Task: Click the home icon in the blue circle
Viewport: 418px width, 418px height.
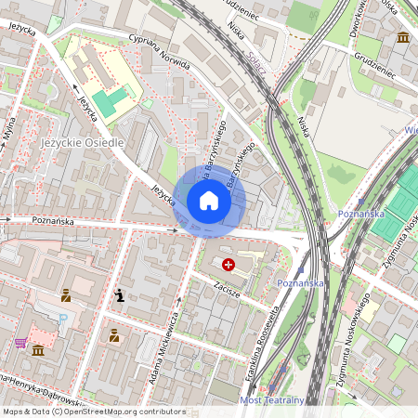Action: click(209, 200)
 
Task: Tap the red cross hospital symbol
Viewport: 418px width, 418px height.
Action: click(229, 265)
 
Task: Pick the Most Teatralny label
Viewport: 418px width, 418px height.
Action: click(272, 400)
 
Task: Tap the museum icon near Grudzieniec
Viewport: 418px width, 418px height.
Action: click(403, 37)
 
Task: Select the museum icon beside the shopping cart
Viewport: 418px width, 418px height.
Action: click(38, 351)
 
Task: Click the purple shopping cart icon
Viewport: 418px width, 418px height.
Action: click(20, 343)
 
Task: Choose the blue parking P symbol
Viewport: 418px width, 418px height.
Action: click(64, 319)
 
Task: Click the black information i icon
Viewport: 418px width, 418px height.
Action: click(119, 296)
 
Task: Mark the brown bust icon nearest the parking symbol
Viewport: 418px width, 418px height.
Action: click(67, 297)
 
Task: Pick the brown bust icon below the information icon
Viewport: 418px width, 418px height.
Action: click(113, 335)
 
